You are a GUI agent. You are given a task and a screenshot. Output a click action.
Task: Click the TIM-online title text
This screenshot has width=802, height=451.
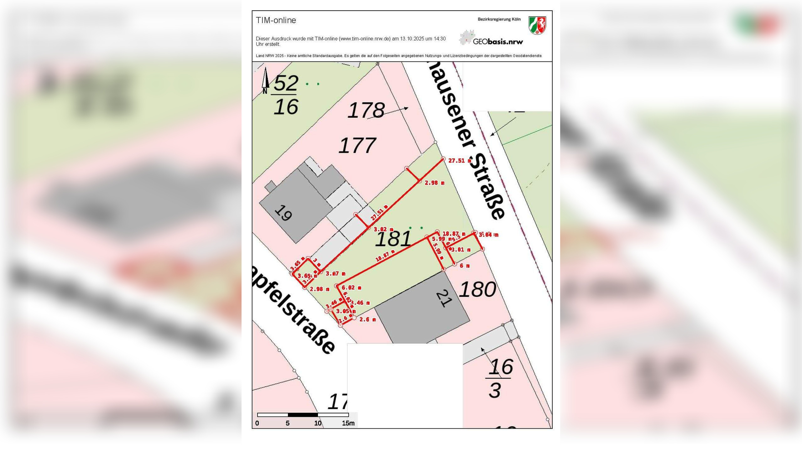pyautogui.click(x=276, y=20)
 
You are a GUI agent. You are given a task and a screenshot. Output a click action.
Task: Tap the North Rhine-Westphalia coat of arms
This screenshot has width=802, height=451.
pyautogui.click(x=537, y=25)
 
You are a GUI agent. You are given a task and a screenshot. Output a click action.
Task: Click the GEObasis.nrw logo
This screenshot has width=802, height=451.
pyautogui.click(x=491, y=38)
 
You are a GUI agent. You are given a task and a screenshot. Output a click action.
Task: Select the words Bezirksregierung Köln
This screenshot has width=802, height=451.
pyautogui.click(x=499, y=19)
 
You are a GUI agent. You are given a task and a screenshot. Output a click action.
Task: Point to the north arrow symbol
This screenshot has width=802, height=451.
pyautogui.click(x=265, y=80)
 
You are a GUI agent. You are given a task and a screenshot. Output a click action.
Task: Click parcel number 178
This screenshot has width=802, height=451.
pyautogui.click(x=366, y=110)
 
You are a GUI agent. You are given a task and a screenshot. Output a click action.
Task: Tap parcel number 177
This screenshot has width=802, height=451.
pyautogui.click(x=357, y=146)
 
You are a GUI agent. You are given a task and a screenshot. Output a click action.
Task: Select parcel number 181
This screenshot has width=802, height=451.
pyautogui.click(x=393, y=239)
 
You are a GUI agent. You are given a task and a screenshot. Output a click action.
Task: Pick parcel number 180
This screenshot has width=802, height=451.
pyautogui.click(x=477, y=289)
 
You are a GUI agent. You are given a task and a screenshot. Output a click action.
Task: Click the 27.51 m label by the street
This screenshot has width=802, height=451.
pyautogui.click(x=460, y=161)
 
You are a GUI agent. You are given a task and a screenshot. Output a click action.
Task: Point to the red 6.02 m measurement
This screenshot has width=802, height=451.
pyautogui.click(x=351, y=288)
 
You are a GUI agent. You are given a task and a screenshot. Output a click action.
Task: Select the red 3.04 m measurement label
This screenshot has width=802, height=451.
pyautogui.click(x=488, y=235)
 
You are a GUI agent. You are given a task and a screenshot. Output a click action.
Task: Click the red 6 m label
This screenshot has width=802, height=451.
pyautogui.click(x=465, y=266)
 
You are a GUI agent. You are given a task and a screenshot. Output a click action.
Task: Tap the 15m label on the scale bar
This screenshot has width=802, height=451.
pyautogui.click(x=348, y=423)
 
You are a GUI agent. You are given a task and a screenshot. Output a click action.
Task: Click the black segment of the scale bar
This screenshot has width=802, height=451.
pyautogui.click(x=303, y=415)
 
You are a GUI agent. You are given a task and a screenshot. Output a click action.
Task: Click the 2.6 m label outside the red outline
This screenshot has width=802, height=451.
pyautogui.click(x=367, y=319)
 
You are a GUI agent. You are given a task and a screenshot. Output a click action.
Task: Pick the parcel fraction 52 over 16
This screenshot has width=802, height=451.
pyautogui.click(x=285, y=95)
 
